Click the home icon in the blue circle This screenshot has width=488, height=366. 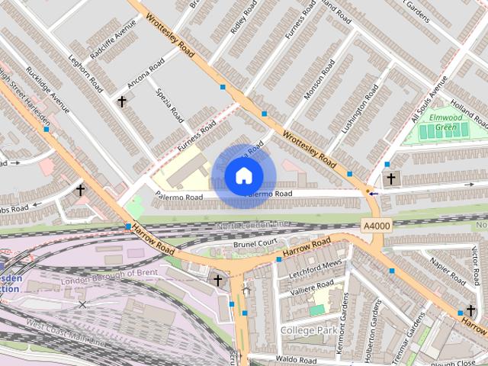pyautogui.click(x=243, y=176)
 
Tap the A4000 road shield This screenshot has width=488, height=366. pyautogui.click(x=375, y=226)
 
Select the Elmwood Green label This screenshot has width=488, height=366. pyautogui.click(x=448, y=122)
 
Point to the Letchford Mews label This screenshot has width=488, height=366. pyautogui.click(x=316, y=265)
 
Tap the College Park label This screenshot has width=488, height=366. pyautogui.click(x=307, y=329)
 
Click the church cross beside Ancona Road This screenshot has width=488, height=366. pyautogui.click(x=121, y=100)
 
